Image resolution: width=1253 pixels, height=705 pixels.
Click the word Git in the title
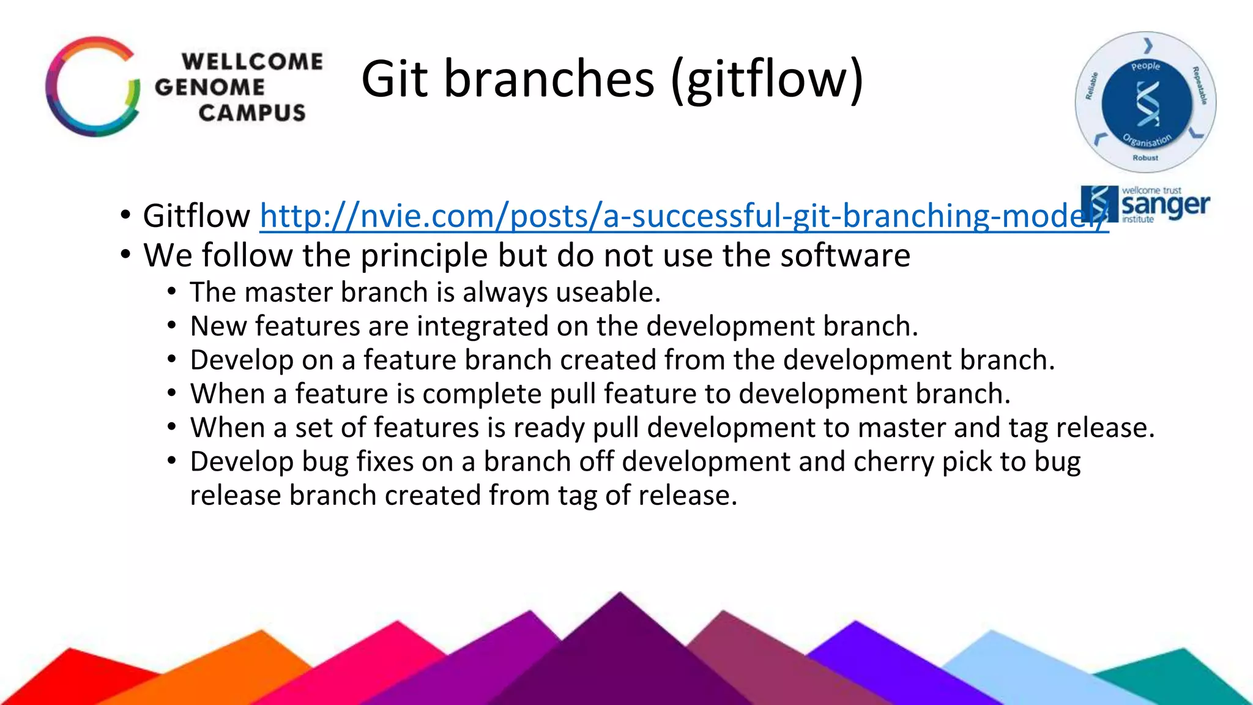[395, 80]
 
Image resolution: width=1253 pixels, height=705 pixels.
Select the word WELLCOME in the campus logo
[252, 62]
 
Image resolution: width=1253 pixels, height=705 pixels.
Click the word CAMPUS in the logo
[251, 113]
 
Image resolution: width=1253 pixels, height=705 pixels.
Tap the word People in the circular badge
[1145, 66]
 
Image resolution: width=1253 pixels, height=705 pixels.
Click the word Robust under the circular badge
[1145, 158]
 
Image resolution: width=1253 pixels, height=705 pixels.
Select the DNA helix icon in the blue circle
[1147, 104]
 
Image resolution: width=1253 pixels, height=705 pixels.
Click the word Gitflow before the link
[196, 217]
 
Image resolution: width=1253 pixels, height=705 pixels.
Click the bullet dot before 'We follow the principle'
[125, 255]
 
